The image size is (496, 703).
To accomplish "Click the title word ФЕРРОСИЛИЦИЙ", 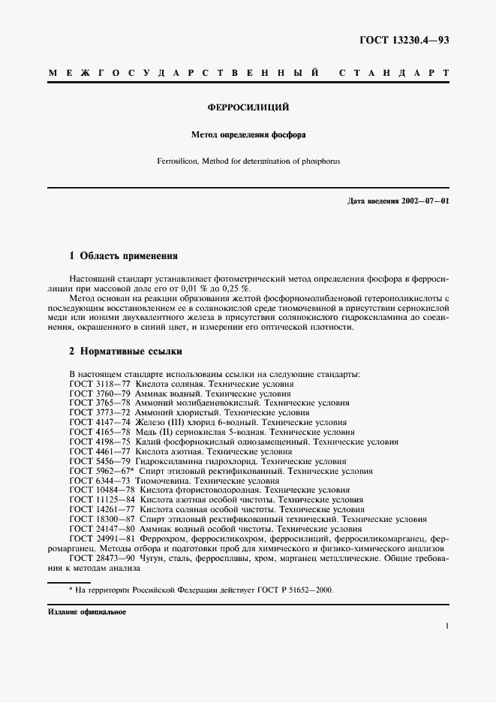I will point(248,107).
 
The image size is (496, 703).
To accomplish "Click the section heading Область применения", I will point(129,255).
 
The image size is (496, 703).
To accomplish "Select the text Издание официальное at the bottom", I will point(87,612).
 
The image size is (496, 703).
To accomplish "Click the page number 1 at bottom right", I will point(446,625).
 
